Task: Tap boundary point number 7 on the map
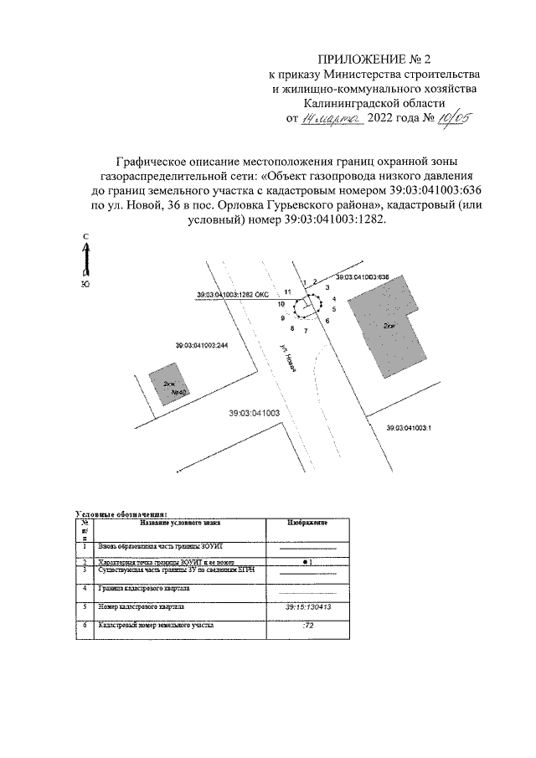pos(306,333)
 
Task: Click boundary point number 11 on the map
pos(287,291)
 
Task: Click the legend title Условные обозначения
pos(121,513)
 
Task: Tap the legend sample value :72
pos(307,626)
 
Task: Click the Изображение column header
pos(307,522)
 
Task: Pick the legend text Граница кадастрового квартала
pos(142,589)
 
